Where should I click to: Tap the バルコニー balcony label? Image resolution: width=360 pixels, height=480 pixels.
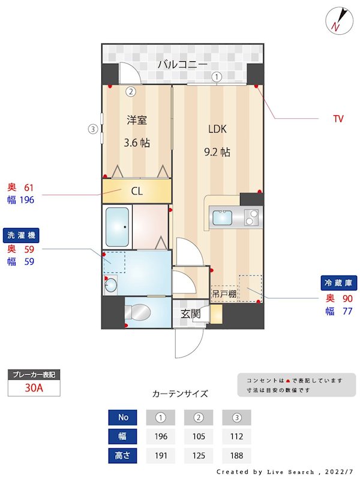(x=182, y=64)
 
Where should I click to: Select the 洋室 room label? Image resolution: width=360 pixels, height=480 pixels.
(x=137, y=119)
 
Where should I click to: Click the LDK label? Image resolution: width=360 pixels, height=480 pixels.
(x=218, y=128)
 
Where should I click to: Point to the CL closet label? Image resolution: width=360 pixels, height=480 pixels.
(x=137, y=191)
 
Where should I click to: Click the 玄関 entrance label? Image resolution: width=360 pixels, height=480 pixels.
(x=191, y=313)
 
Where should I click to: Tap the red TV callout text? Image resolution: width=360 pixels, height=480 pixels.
(x=338, y=119)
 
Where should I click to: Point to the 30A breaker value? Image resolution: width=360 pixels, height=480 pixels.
(x=34, y=388)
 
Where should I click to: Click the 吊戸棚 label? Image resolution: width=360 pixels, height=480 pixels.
(x=224, y=294)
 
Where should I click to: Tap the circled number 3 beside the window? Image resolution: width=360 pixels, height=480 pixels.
(x=92, y=128)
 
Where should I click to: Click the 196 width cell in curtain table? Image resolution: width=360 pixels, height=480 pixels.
(x=161, y=436)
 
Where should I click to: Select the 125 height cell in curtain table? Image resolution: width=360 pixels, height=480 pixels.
(x=199, y=455)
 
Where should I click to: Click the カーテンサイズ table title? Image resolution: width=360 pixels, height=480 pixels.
(x=180, y=394)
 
